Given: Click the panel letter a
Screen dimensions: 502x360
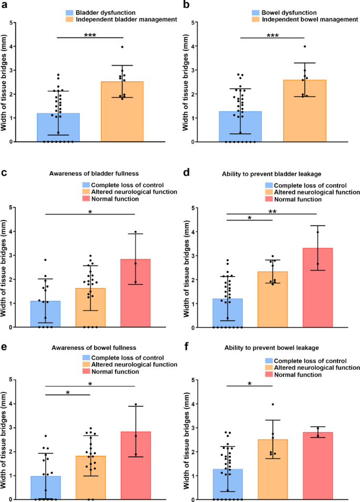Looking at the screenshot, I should pos(4,5).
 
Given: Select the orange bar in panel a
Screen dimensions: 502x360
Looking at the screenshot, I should pos(122,111).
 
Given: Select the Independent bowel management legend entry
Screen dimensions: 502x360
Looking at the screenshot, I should pos(303,20).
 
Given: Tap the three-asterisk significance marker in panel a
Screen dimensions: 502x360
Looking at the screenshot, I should pos(90,35).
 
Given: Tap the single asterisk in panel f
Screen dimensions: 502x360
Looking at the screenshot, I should pos(250,384).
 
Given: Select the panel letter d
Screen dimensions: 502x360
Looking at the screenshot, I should pos(187,171).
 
